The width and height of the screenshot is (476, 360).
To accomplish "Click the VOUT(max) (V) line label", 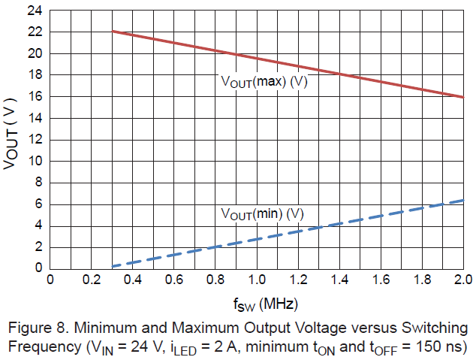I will tap(264, 82).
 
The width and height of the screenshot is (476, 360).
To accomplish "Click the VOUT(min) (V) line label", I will tap(262, 213).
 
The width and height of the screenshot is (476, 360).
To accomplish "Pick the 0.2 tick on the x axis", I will tap(92, 280).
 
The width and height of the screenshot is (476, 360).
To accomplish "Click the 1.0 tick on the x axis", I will tap(256, 280).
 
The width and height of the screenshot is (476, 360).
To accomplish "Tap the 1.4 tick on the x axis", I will tap(339, 280).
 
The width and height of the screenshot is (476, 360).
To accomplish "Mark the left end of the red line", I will tap(112, 32).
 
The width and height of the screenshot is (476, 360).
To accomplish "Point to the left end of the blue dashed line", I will tap(112, 266).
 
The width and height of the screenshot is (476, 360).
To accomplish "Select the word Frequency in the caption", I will tap(38, 347).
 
